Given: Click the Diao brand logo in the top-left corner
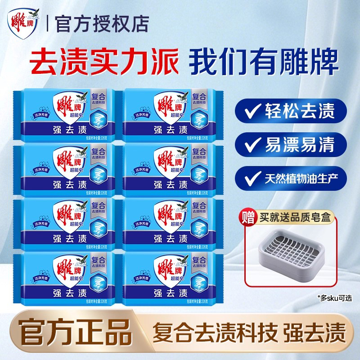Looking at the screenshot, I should coord(24,23).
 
